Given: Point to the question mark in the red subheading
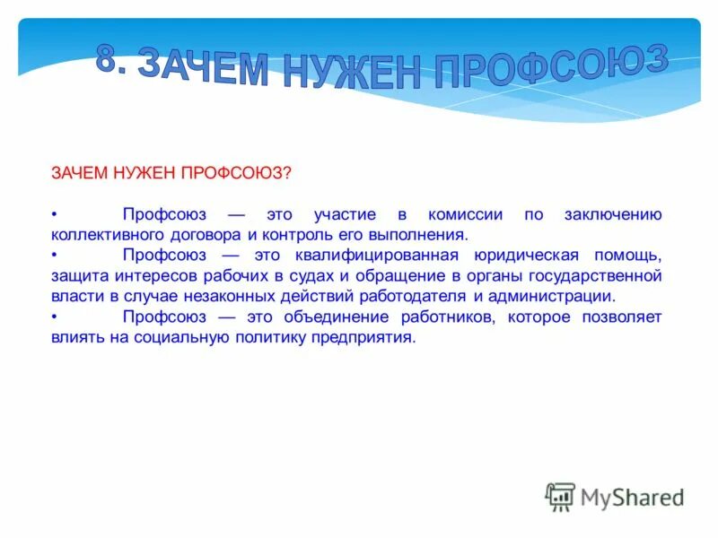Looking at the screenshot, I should click(x=287, y=171).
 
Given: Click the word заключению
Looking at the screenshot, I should click(x=613, y=216).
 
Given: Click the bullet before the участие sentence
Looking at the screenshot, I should click(x=54, y=216).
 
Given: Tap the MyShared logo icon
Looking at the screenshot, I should click(x=560, y=497).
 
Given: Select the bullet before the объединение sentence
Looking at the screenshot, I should click(x=54, y=317).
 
